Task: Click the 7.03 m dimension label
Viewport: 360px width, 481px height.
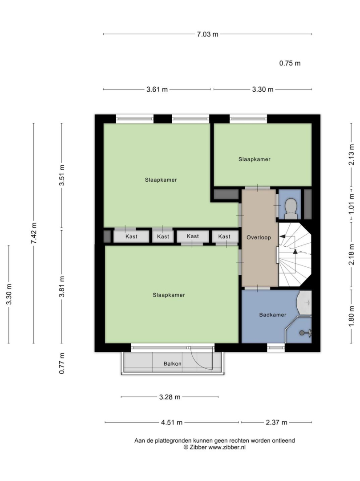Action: click(x=207, y=34)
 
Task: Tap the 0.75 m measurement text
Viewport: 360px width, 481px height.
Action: click(x=290, y=63)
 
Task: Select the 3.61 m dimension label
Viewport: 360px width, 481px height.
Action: click(x=157, y=89)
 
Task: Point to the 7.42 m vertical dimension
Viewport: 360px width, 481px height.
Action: click(x=34, y=233)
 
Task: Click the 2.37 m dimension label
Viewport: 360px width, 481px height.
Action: click(x=276, y=422)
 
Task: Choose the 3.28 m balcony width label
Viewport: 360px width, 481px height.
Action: click(x=170, y=397)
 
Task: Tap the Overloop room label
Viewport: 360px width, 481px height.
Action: click(x=259, y=237)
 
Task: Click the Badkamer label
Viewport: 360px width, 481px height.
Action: click(x=273, y=314)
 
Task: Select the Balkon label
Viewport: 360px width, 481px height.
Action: click(x=172, y=363)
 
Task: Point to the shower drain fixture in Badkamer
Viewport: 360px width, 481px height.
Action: click(x=305, y=333)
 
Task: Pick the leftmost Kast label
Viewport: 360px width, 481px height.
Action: click(x=131, y=236)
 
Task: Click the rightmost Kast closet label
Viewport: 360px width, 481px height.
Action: click(x=224, y=236)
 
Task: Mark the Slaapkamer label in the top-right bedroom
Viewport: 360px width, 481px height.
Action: click(x=254, y=159)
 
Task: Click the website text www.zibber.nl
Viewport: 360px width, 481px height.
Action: click(x=227, y=447)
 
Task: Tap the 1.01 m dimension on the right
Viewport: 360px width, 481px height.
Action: click(x=351, y=204)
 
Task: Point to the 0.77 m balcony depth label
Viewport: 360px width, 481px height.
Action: click(x=62, y=363)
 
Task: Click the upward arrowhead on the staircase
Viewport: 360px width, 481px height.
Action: click(x=295, y=252)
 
